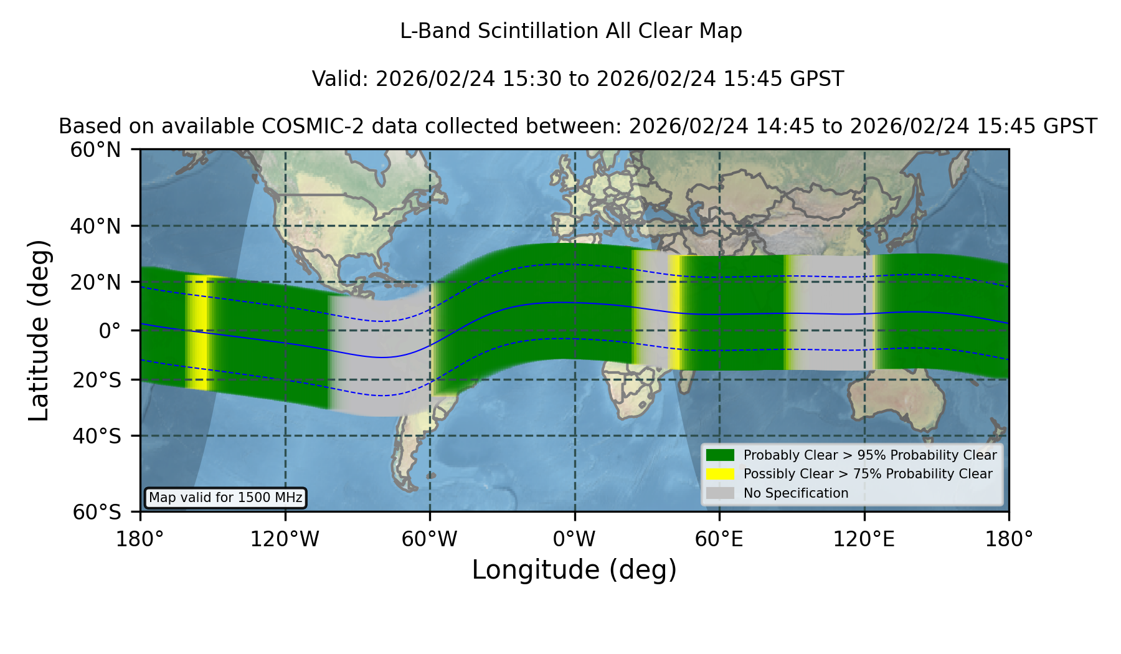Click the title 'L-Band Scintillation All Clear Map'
[571, 31]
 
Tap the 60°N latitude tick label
[96, 150]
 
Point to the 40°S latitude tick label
[97, 436]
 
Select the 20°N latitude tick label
[96, 282]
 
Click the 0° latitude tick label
[110, 331]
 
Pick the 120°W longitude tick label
[285, 539]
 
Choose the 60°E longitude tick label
[719, 539]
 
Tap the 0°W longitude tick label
[574, 539]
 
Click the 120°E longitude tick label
[864, 539]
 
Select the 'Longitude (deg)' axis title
[574, 570]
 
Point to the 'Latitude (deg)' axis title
[39, 331]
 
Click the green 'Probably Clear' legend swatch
[721, 455]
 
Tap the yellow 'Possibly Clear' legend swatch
[721, 474]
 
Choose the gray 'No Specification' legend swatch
[721, 493]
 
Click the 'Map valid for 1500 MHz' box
[225, 498]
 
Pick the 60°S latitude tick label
[97, 512]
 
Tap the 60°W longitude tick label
[430, 539]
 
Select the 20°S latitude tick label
[97, 380]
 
